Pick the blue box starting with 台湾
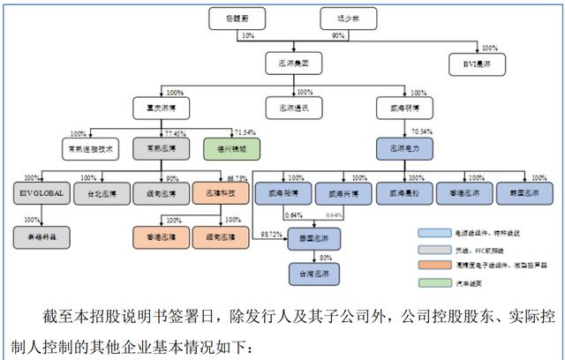tap(313, 276)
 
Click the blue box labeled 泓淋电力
tap(403, 148)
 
